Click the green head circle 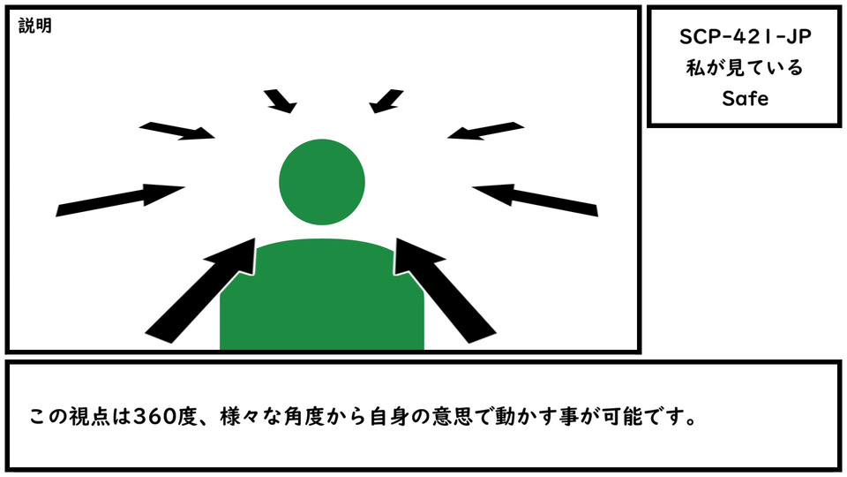pos(322,182)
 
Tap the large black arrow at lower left pos(200,291)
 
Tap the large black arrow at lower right pos(445,291)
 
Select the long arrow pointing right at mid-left pos(120,201)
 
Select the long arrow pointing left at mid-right pos(536,201)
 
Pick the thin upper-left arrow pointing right pos(177,131)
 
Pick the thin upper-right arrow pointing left pos(485,131)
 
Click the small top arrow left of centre pos(281,101)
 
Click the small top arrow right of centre pos(386,101)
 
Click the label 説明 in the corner pos(35,26)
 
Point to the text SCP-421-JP pos(745,37)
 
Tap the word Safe pos(745,98)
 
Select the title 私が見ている pos(745,68)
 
